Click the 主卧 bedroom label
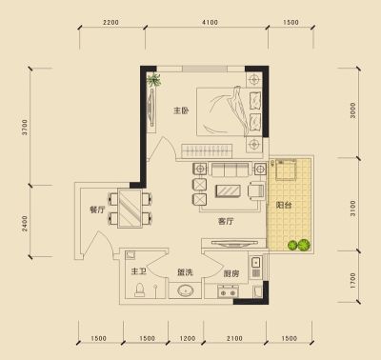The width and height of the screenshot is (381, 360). pyautogui.click(x=181, y=110)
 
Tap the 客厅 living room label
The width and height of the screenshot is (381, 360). pyautogui.click(x=226, y=221)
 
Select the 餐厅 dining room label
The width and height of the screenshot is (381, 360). pyautogui.click(x=97, y=210)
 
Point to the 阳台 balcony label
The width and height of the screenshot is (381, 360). pyautogui.click(x=284, y=205)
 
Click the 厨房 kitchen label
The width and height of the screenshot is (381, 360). pyautogui.click(x=231, y=273)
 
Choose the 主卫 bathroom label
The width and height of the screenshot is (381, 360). pyautogui.click(x=139, y=271)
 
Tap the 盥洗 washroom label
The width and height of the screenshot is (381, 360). pyautogui.click(x=185, y=272)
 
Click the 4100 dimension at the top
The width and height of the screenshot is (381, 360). pyautogui.click(x=210, y=22)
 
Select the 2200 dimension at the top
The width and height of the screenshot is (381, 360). pyautogui.click(x=110, y=22)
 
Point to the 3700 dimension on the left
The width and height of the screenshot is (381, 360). pyautogui.click(x=25, y=127)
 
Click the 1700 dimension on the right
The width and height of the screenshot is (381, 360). pyautogui.click(x=353, y=281)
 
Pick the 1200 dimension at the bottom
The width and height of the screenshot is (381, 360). pyautogui.click(x=188, y=338)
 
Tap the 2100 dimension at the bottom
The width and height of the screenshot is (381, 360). pyautogui.click(x=234, y=338)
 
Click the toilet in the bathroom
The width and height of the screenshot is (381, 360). pyautogui.click(x=139, y=290)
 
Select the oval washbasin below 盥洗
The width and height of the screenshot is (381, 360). pyautogui.click(x=185, y=290)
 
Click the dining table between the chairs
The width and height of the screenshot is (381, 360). pyautogui.click(x=130, y=208)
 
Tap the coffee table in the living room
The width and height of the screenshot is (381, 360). pyautogui.click(x=228, y=191)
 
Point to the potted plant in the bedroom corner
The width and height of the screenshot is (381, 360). pyautogui.click(x=154, y=80)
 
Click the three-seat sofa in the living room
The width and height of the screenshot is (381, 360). pyautogui.click(x=231, y=170)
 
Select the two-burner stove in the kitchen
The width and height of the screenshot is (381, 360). pyautogui.click(x=228, y=291)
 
